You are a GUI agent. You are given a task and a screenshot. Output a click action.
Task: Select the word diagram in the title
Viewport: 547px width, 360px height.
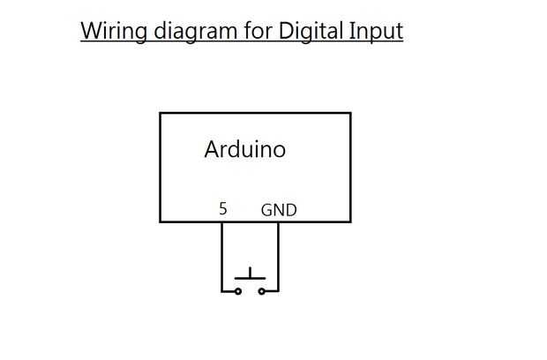(x=184, y=32)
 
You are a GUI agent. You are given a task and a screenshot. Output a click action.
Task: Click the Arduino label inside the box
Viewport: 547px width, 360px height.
(x=245, y=149)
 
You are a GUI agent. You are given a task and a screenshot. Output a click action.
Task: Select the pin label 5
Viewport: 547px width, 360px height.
(x=223, y=209)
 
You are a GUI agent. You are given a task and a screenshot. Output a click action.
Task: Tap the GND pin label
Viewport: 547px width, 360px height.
(x=279, y=210)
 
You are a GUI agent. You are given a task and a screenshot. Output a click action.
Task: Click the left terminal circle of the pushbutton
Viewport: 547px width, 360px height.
(x=238, y=290)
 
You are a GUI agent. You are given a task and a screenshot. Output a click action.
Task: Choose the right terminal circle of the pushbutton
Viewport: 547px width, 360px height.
(x=261, y=290)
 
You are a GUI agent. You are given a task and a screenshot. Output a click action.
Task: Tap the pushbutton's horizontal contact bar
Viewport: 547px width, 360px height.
(x=250, y=280)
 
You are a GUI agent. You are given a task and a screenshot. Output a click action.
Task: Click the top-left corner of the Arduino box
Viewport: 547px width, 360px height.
(x=160, y=113)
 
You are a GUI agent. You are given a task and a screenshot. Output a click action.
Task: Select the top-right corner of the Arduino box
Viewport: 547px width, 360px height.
(x=350, y=113)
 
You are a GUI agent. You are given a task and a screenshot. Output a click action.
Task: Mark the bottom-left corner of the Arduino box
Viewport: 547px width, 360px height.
(x=160, y=221)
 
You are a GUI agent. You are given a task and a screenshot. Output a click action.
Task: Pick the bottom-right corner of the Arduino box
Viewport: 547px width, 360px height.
(x=350, y=221)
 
